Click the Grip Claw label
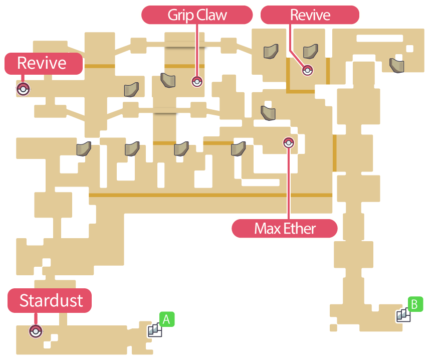pos(197,15)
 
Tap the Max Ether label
pos(285,229)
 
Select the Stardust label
pos(50,300)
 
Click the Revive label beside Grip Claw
pos(310,15)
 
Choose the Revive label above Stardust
pos(43,63)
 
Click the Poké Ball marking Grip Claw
pos(197,81)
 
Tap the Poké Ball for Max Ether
pos(288,143)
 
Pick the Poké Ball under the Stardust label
pos(35,331)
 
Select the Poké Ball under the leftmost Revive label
pos(23,89)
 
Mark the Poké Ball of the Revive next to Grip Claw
pos(308,71)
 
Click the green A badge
pos(167,319)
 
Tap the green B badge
pos(415,304)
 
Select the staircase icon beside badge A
pos(154,330)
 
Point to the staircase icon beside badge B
pos(403,315)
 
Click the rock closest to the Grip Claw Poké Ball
pos(168,80)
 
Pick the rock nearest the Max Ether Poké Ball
pos(268,112)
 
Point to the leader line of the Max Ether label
pos(289,186)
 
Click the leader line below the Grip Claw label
pos(197,50)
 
